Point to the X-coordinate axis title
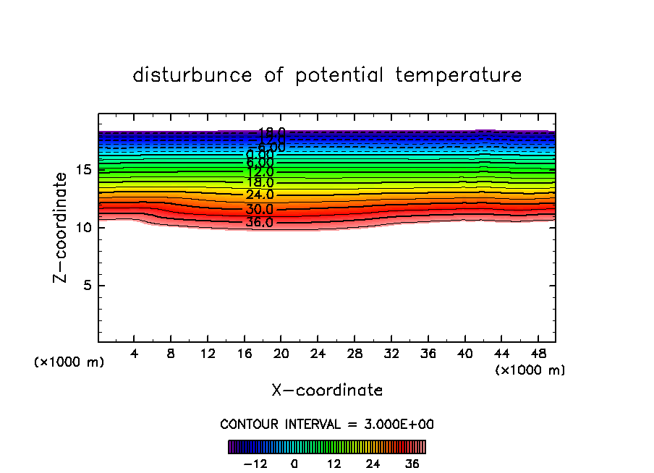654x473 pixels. pyautogui.click(x=327, y=390)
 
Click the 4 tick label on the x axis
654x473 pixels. pyautogui.click(x=135, y=354)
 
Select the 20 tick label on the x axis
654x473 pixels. pyautogui.click(x=281, y=354)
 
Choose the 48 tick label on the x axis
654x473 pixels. pyautogui.click(x=537, y=354)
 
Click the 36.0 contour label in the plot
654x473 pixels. pyautogui.click(x=259, y=223)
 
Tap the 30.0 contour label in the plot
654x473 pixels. pyautogui.click(x=259, y=210)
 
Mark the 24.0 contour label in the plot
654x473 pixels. pyautogui.click(x=259, y=195)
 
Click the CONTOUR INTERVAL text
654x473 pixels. pyautogui.click(x=327, y=425)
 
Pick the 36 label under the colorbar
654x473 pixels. pyautogui.click(x=412, y=464)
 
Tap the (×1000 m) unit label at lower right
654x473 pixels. pyautogui.click(x=530, y=370)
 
